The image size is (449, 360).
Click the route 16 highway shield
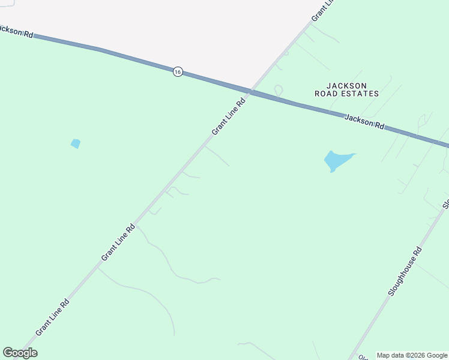click(x=177, y=71)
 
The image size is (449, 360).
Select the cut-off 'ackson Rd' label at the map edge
click(x=16, y=31)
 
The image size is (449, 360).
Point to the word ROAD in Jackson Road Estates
click(x=327, y=94)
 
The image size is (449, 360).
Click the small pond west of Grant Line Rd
click(x=76, y=143)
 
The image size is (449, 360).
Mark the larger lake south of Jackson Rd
click(x=336, y=160)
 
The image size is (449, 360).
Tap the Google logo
click(x=20, y=353)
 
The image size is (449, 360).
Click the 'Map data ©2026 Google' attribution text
click(x=412, y=355)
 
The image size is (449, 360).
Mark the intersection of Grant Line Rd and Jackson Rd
click(x=250, y=92)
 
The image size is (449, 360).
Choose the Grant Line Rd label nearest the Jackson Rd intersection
click(x=229, y=116)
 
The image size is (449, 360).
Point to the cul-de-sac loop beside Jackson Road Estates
click(x=278, y=90)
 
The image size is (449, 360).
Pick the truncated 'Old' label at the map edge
click(x=363, y=357)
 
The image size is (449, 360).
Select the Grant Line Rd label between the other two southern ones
click(x=118, y=243)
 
